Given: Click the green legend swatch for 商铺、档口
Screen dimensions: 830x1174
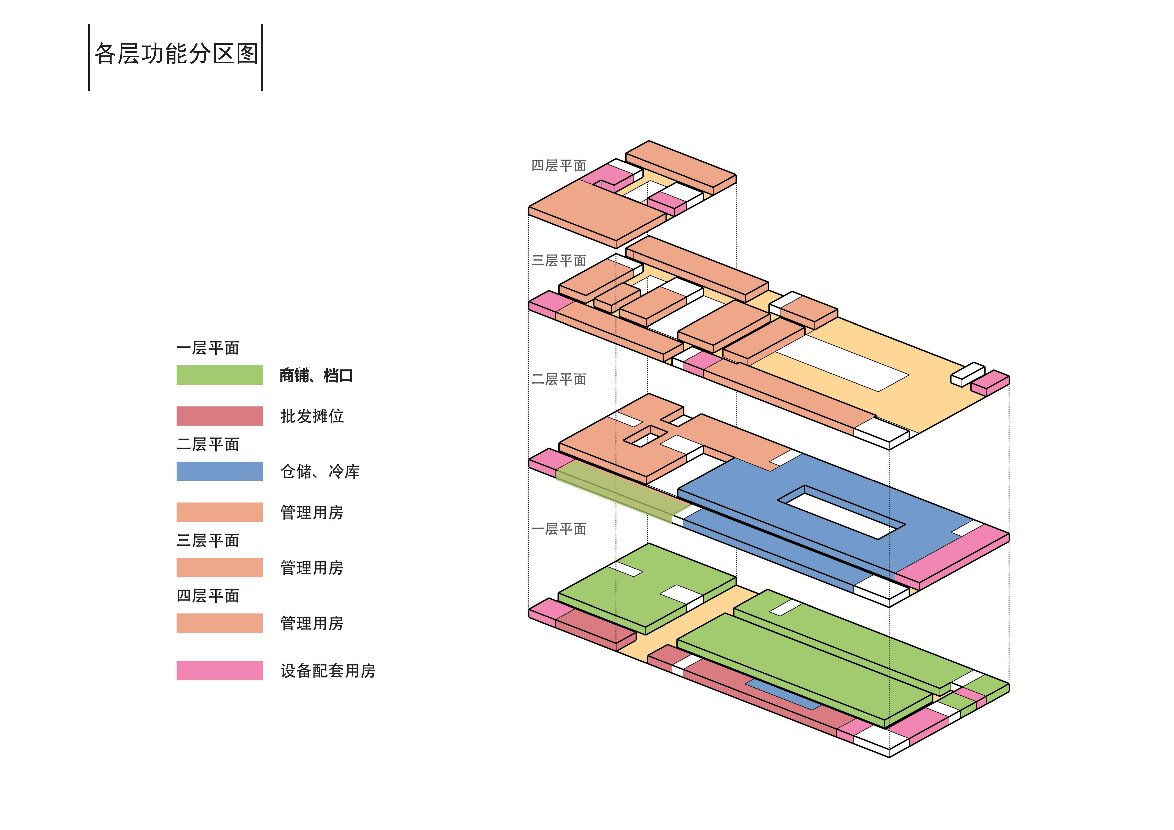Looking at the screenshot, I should (219, 375).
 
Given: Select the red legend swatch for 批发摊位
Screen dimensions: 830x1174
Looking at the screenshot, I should (219, 416).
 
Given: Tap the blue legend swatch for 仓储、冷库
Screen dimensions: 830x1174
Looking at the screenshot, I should (219, 471).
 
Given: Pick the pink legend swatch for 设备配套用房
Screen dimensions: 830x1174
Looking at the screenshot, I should (219, 670).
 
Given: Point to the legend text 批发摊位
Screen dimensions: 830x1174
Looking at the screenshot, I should (312, 416).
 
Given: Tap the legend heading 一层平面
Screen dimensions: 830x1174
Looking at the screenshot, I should (208, 348).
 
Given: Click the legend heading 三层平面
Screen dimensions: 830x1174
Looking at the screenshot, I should (208, 541).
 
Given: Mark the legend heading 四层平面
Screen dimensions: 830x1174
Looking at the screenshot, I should (208, 596).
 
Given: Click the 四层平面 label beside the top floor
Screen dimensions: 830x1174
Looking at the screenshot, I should (558, 166).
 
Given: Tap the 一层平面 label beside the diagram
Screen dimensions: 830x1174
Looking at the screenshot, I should (558, 529).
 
